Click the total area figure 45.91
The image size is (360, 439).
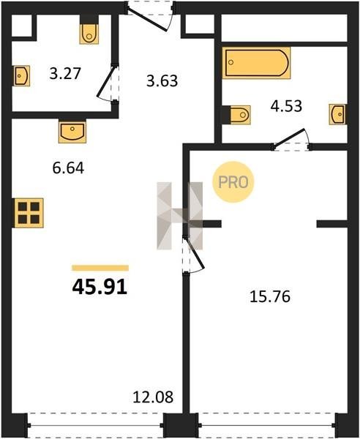click(x=100, y=287)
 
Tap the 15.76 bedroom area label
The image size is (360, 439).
click(x=270, y=297)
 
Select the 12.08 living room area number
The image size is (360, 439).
click(x=153, y=397)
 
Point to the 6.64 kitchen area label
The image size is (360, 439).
click(x=68, y=168)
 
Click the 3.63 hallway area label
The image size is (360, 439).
click(x=162, y=80)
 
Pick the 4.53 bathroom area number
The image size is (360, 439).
click(x=286, y=106)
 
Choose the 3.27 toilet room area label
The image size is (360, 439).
click(x=65, y=73)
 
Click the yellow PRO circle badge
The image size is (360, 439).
click(x=233, y=182)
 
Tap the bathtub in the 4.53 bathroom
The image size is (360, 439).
click(x=256, y=63)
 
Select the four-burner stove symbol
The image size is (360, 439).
click(x=29, y=213)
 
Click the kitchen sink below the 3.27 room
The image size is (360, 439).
click(x=72, y=131)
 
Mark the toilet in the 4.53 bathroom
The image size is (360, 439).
click(x=240, y=115)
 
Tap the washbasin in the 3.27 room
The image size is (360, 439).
click(x=21, y=75)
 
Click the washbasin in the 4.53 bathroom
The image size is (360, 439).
click(x=337, y=114)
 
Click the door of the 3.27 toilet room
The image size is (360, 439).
click(x=108, y=83)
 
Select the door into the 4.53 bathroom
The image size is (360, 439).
click(x=291, y=140)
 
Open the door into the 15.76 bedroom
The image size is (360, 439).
click(x=194, y=254)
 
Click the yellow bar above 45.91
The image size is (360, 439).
click(x=100, y=268)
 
